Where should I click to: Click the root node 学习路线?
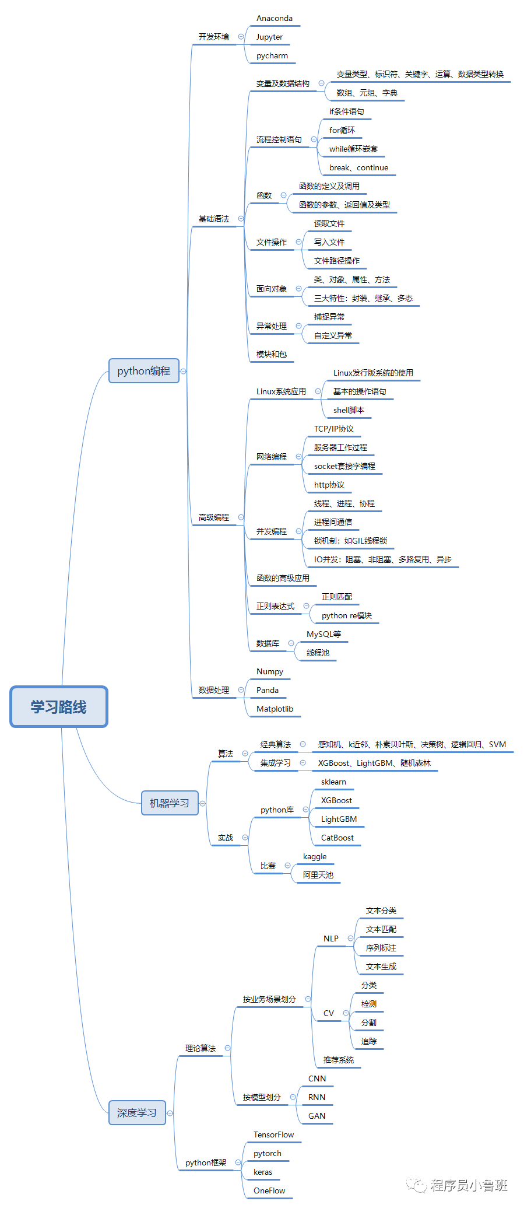click(x=59, y=707)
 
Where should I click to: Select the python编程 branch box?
click(x=143, y=371)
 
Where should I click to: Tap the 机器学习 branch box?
click(x=170, y=803)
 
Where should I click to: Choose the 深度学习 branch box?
click(x=137, y=1113)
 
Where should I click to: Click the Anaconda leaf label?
click(x=275, y=19)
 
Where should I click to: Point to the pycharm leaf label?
click(x=272, y=56)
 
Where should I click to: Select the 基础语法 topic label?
click(x=214, y=219)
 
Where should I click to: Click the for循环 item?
click(x=342, y=130)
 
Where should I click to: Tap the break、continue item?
click(x=358, y=167)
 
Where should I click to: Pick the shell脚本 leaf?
click(x=349, y=410)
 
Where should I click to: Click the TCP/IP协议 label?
click(x=334, y=429)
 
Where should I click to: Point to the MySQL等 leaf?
click(x=324, y=634)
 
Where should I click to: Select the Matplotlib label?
click(x=275, y=709)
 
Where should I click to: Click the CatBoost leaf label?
click(x=337, y=838)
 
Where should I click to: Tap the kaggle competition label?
click(x=315, y=856)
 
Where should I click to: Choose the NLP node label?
click(x=331, y=939)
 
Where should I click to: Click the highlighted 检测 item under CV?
click(x=369, y=1004)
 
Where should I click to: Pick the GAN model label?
click(x=317, y=1116)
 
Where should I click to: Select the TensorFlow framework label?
click(x=273, y=1135)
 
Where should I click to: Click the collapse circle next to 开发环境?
click(x=241, y=37)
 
